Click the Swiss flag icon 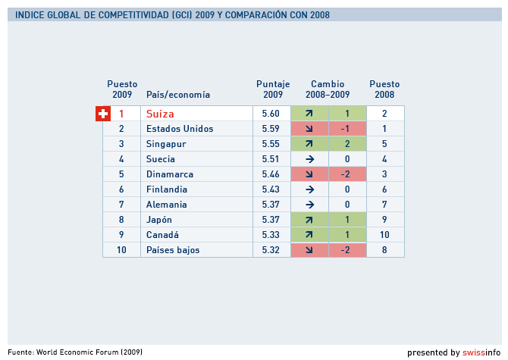pyautogui.click(x=103, y=114)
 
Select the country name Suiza pyautogui.click(x=160, y=114)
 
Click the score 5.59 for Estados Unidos pyautogui.click(x=271, y=129)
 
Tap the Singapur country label pyautogui.click(x=166, y=144)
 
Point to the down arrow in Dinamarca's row pyautogui.click(x=309, y=174)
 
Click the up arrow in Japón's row pyautogui.click(x=309, y=220)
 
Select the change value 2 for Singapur pyautogui.click(x=347, y=144)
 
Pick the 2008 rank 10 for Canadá pyautogui.click(x=384, y=235)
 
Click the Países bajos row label pyautogui.click(x=173, y=250)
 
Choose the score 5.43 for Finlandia pyautogui.click(x=271, y=189)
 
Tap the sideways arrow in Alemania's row pyautogui.click(x=309, y=205)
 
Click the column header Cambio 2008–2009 pyautogui.click(x=328, y=89)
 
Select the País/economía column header pyautogui.click(x=178, y=95)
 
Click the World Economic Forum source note pyautogui.click(x=75, y=352)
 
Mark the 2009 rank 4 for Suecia pyautogui.click(x=121, y=159)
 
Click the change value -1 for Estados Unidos pyautogui.click(x=347, y=129)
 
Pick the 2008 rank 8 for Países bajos pyautogui.click(x=384, y=250)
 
